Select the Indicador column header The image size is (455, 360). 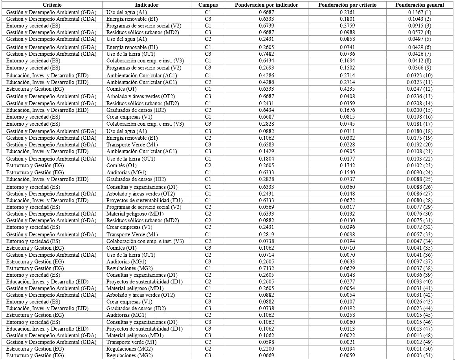(x=147, y=5)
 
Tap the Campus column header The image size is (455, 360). (x=208, y=5)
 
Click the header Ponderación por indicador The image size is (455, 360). (x=266, y=5)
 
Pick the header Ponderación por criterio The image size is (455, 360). (x=347, y=5)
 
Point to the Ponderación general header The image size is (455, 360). (x=420, y=5)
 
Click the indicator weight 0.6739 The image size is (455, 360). (x=266, y=26)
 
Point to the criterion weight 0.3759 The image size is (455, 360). (x=347, y=26)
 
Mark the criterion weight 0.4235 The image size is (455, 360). (x=347, y=89)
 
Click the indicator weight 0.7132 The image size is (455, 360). (x=266, y=268)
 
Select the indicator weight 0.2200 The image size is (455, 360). (x=266, y=349)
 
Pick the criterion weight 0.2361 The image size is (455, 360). (x=347, y=12)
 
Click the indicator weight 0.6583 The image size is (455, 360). (x=266, y=144)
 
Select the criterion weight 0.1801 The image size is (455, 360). (x=347, y=19)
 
